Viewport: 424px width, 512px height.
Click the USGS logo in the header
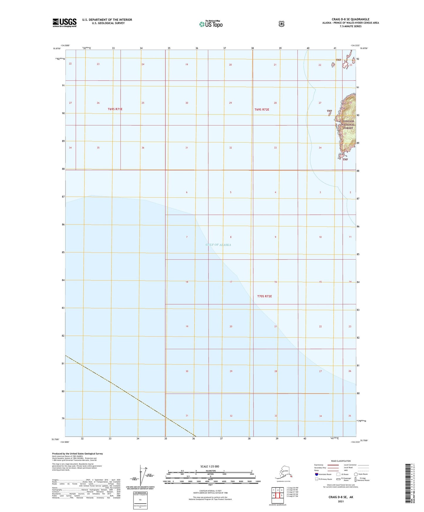pos(64,23)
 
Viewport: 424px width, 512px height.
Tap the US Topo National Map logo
pos(211,24)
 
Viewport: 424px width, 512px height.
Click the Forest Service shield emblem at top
pos(281,24)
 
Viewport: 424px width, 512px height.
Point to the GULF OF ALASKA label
pos(218,245)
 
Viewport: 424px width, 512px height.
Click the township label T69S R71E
pos(115,109)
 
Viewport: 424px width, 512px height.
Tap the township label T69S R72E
pos(262,109)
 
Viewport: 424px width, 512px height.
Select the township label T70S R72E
pos(264,296)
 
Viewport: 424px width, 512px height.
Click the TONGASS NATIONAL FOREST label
pos(348,124)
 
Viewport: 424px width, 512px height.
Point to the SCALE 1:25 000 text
pos(210,466)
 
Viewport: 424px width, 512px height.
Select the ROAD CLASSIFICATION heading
pos(341,461)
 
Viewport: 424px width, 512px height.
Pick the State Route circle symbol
pos(356,474)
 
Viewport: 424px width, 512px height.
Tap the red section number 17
pos(231,282)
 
